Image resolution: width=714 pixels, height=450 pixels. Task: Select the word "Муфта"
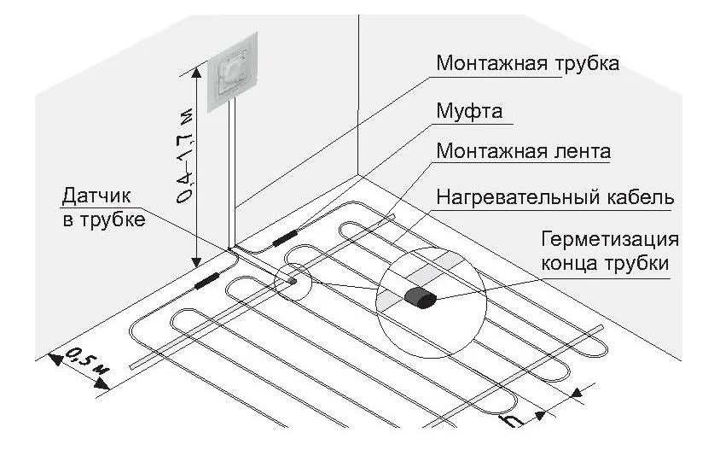pyautogui.click(x=469, y=112)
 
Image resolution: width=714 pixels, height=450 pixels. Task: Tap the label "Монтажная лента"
pyautogui.click(x=524, y=152)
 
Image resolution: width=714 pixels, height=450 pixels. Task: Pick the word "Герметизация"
pyautogui.click(x=610, y=240)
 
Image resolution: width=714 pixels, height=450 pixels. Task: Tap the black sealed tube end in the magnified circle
pyautogui.click(x=421, y=298)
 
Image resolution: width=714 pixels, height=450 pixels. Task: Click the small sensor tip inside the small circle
pyautogui.click(x=292, y=278)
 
